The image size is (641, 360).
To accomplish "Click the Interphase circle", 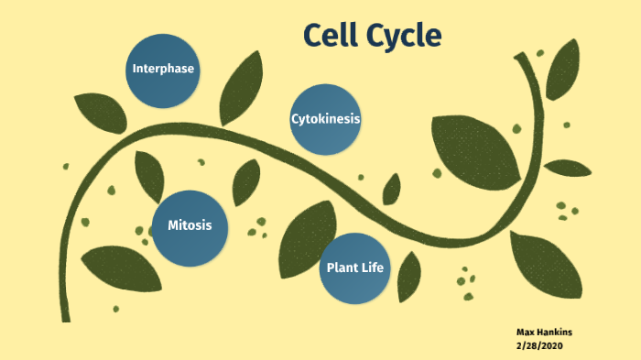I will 164,70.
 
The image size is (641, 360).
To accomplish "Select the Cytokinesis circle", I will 325,119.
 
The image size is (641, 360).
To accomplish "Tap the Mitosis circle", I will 190,225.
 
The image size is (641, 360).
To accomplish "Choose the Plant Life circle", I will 356,267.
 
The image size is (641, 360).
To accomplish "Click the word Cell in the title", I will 335,35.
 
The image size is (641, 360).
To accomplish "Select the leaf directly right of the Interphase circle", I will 241,87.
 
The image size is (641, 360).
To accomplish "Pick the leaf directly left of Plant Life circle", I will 306,240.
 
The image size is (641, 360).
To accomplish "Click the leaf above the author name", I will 546,265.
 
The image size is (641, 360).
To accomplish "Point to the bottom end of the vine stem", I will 66,316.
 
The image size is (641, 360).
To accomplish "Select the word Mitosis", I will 190,225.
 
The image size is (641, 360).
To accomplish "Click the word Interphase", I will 164,70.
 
